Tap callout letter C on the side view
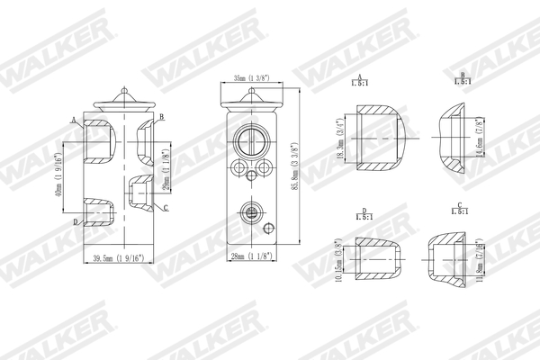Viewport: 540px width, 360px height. click(x=167, y=209)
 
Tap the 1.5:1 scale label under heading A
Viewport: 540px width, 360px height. click(x=360, y=84)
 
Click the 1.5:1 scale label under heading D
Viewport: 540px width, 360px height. click(x=364, y=217)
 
